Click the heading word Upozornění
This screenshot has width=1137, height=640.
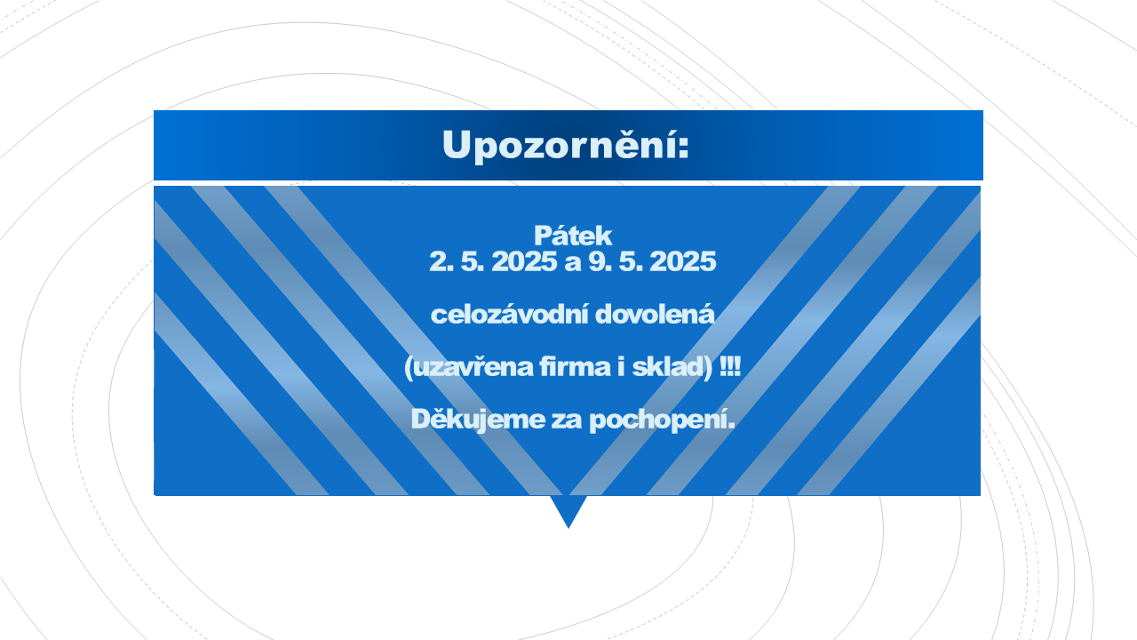560,145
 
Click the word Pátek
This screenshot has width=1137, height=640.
573,236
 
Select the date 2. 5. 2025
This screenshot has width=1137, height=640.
493,261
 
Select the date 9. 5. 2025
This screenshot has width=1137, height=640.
652,261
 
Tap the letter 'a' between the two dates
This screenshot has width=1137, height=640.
573,264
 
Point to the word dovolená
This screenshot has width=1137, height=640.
655,315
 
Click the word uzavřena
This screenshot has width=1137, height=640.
473,367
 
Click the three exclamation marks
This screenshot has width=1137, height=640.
730,366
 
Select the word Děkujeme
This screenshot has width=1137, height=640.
478,420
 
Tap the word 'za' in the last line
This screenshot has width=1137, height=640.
567,421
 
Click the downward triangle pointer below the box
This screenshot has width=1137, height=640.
568,511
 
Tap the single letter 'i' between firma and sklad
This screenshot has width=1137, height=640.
621,366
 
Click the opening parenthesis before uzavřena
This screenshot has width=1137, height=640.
408,368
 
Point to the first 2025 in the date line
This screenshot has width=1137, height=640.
525,261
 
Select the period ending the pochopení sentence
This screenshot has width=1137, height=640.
731,427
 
